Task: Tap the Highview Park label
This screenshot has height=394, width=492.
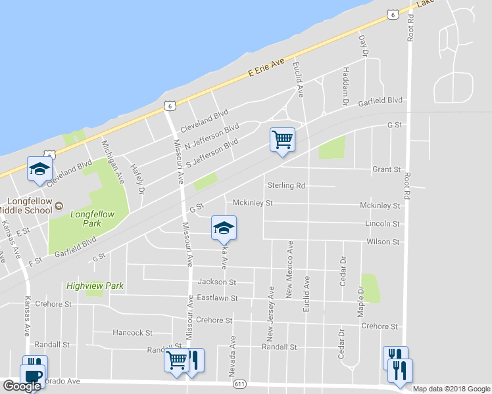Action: [x=95, y=286]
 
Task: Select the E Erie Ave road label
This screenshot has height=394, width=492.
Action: [x=266, y=68]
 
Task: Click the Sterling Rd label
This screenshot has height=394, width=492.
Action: [x=286, y=186]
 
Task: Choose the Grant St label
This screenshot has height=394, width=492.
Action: [x=386, y=169]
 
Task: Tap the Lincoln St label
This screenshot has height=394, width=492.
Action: [x=382, y=224]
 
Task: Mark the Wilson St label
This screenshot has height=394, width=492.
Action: [x=383, y=242]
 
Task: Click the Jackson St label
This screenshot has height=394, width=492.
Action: [x=217, y=282]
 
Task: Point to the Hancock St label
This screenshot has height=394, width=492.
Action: [x=132, y=333]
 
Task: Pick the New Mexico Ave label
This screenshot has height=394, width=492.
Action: [x=289, y=270]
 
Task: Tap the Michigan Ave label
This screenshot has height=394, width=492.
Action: [x=112, y=161]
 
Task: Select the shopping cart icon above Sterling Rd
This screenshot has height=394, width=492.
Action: [x=282, y=139]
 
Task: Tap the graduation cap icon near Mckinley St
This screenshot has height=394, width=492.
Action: [x=224, y=228]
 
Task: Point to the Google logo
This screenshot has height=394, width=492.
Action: [x=22, y=386]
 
